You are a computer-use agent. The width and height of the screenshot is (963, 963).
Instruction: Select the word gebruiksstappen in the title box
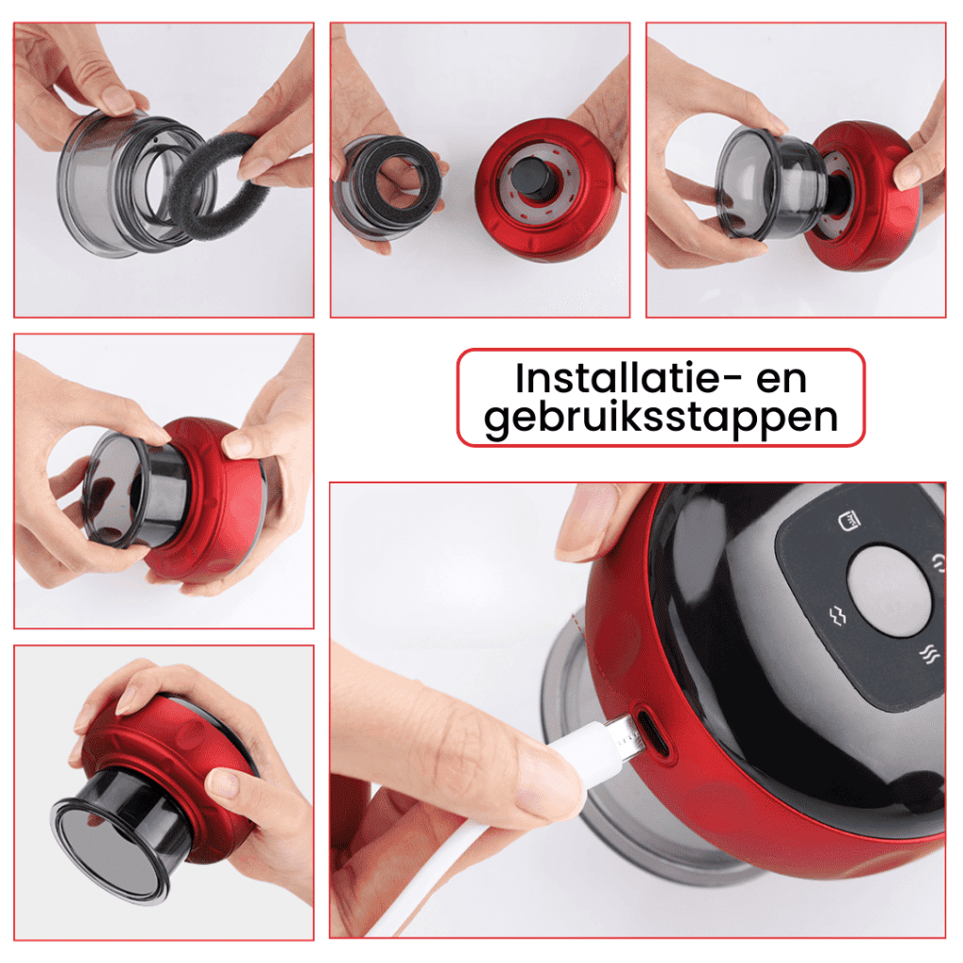(661, 418)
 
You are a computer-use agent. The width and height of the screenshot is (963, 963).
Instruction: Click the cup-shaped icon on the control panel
(849, 521)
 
